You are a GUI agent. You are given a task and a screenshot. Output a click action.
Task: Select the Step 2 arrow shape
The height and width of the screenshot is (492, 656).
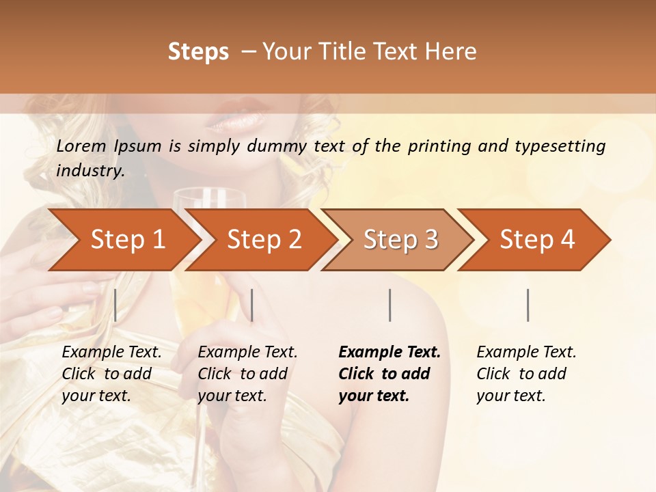tap(264, 240)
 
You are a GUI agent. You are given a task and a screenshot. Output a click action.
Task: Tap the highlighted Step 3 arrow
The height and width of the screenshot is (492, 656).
tap(400, 240)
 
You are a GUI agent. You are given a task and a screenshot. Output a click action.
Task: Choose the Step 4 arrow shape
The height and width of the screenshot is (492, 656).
tap(537, 240)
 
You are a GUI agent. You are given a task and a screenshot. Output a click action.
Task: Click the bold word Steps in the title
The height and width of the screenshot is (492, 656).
tap(198, 52)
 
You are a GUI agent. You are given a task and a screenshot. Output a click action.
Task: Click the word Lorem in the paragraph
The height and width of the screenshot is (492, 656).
tap(81, 146)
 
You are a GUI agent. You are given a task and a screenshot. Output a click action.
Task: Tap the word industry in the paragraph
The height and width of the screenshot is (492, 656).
tap(90, 171)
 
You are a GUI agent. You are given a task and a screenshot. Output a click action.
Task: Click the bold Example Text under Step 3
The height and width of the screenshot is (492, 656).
tap(389, 353)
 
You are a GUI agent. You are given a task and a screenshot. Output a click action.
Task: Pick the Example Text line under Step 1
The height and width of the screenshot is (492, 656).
tap(111, 353)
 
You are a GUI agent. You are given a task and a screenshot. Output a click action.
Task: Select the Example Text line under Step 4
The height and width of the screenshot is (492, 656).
tap(526, 353)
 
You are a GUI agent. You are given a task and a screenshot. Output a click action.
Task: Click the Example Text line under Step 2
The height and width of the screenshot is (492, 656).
tap(247, 353)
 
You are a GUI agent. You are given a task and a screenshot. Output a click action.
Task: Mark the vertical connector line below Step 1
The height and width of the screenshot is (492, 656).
tap(115, 305)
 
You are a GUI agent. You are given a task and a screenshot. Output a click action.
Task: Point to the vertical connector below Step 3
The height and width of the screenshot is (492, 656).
tap(389, 305)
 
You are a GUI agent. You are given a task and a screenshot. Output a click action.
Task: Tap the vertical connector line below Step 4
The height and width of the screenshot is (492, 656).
tap(528, 305)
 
